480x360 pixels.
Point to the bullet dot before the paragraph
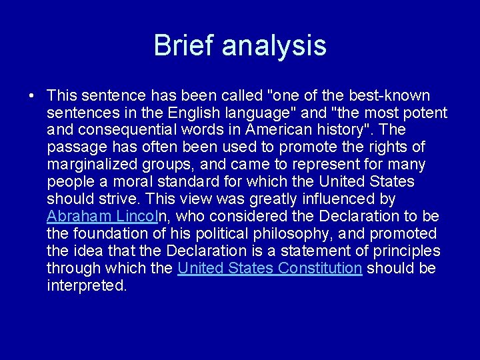(x=33, y=95)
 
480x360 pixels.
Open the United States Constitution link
(x=269, y=268)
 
